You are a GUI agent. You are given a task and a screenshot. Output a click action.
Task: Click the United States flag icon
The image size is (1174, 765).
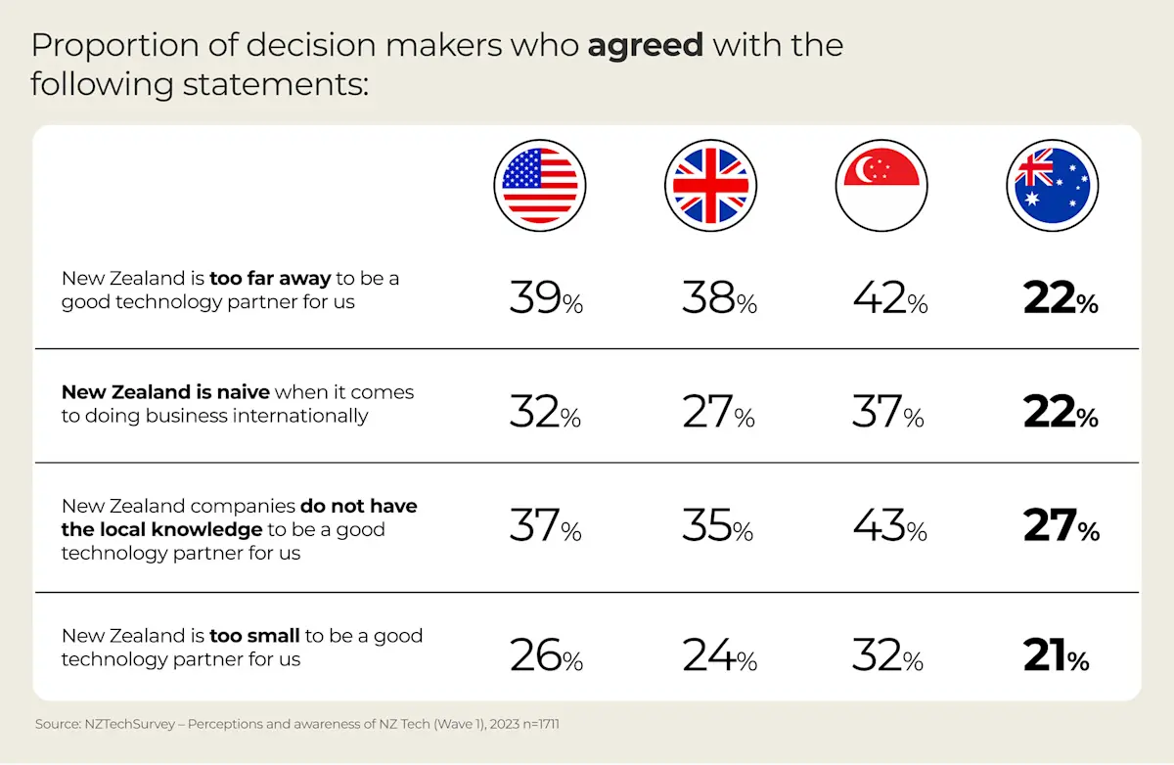pyautogui.click(x=543, y=184)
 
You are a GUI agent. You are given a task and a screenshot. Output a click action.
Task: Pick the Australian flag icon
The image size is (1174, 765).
pyautogui.click(x=1052, y=184)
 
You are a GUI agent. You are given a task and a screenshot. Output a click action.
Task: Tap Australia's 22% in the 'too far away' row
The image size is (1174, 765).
pyautogui.click(x=1061, y=297)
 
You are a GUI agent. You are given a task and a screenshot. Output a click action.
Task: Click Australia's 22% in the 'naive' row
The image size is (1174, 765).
pyautogui.click(x=1061, y=412)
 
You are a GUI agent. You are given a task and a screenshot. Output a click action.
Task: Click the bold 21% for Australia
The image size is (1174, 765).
pyautogui.click(x=1056, y=655)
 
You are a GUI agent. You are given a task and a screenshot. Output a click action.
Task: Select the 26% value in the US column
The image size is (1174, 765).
pyautogui.click(x=545, y=655)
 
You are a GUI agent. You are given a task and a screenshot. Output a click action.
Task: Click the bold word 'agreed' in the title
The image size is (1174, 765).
pyautogui.click(x=645, y=45)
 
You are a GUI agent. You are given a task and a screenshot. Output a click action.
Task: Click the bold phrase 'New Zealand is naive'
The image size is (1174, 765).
pyautogui.click(x=165, y=392)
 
